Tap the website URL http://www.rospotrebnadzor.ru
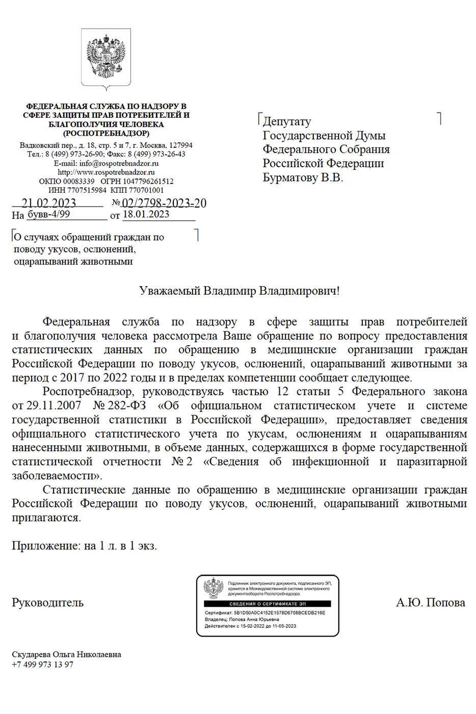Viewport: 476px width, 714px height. (106, 172)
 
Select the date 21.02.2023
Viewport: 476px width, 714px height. (49, 203)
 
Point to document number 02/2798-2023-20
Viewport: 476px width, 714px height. (164, 203)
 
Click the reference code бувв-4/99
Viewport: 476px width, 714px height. (48, 214)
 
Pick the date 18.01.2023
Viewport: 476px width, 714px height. (146, 214)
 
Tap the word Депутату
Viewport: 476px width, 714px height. (286, 121)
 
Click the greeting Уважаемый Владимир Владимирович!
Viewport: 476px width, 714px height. (239, 291)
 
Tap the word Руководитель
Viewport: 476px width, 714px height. (47, 602)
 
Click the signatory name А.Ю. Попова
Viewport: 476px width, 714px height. (430, 602)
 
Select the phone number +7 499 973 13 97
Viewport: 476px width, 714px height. (42, 665)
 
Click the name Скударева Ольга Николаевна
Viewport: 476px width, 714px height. (66, 654)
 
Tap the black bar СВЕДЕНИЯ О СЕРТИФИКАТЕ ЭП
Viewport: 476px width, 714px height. (268, 604)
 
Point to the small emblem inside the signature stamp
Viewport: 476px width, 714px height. (214, 589)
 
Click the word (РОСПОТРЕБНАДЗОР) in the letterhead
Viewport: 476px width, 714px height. (106, 133)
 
